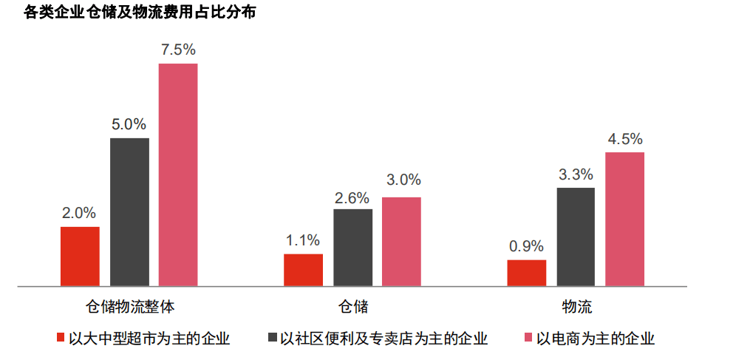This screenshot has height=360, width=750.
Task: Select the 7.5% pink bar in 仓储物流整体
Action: tap(178, 174)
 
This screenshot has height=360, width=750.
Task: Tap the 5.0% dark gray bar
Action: tap(129, 211)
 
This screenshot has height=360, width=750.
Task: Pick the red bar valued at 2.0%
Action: tap(80, 256)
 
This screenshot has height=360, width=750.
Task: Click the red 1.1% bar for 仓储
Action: tap(303, 270)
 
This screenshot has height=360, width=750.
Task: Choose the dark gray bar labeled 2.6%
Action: tap(352, 247)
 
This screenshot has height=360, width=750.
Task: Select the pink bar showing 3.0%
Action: tap(401, 241)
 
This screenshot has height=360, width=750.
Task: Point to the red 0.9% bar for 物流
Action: tap(527, 273)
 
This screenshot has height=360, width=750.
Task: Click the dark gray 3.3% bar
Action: tap(576, 237)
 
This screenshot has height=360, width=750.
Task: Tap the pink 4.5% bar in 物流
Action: tap(625, 219)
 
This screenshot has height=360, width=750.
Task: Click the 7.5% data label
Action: tap(178, 50)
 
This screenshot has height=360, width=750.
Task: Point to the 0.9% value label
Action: tap(527, 246)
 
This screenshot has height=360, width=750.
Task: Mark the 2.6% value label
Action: tap(352, 197)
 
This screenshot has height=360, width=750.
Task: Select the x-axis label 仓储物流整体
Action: tap(130, 306)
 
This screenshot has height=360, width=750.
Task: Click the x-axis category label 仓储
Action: tap(353, 306)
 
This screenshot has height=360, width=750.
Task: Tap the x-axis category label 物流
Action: tap(576, 306)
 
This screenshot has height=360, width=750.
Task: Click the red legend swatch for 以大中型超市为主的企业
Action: tap(61, 339)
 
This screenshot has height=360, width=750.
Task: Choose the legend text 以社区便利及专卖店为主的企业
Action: tap(383, 339)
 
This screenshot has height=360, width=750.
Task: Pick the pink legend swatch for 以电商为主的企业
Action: tap(528, 339)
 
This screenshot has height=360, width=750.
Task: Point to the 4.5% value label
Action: tap(625, 139)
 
